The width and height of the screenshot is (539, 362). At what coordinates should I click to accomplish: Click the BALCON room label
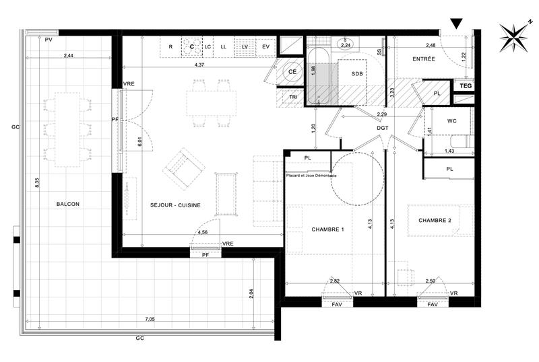[68, 204]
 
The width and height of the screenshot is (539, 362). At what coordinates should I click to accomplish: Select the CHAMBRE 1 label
[328, 230]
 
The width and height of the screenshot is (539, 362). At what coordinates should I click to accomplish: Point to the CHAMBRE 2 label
[435, 221]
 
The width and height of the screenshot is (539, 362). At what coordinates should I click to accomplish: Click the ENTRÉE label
[424, 59]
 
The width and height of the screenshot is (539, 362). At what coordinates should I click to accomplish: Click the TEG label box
[465, 86]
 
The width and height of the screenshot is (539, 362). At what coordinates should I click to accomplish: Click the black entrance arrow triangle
[456, 24]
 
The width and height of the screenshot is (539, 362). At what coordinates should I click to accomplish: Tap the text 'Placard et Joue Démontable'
[311, 175]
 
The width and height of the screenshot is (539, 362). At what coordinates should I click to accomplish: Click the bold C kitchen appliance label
[192, 46]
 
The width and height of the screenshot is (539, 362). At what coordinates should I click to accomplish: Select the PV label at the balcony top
[48, 41]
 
